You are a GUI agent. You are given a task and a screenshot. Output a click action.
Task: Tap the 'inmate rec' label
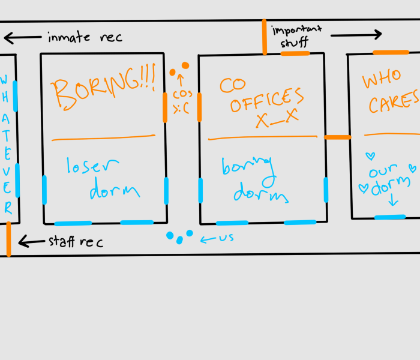[85, 37]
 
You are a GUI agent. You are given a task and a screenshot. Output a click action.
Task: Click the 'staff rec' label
[76, 242]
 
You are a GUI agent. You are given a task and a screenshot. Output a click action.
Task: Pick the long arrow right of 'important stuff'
[356, 35]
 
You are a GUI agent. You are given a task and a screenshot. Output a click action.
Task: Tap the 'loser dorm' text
[102, 179]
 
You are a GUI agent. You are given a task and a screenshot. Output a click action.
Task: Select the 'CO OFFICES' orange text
[258, 96]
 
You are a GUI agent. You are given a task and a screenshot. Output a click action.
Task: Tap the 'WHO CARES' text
[390, 93]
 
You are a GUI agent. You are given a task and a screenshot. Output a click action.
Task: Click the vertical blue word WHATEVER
[6, 144]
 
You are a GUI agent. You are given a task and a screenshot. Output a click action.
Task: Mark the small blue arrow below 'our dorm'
[394, 200]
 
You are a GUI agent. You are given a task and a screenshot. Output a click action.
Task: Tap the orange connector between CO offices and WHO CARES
[337, 137]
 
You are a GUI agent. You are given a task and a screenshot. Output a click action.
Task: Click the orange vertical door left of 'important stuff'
[264, 37]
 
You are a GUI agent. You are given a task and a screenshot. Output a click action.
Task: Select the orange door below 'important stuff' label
[295, 53]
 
